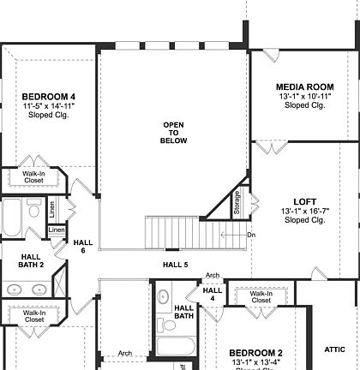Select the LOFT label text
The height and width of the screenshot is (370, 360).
303,201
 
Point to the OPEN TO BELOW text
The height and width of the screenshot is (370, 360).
173,133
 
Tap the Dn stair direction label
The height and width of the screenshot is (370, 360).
251,235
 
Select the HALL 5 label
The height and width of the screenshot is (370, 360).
175,265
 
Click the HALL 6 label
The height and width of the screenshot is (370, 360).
83,247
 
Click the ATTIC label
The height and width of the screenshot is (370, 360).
334,349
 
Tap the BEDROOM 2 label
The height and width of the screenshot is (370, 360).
255,353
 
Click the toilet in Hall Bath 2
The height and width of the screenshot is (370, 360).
34,210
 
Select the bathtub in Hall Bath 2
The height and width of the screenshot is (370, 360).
11,218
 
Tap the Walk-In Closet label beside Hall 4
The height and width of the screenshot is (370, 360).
261,297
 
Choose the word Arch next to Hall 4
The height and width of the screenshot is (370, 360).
213,276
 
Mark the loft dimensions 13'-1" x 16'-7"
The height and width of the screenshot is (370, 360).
303,211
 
